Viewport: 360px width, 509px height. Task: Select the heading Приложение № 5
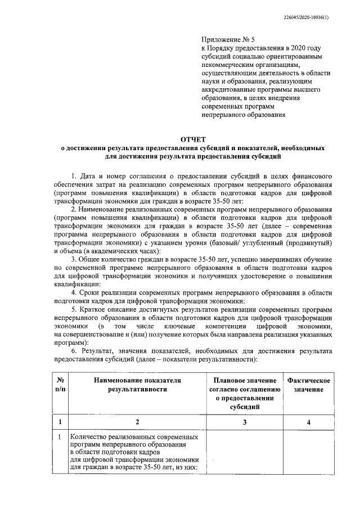pyautogui.click(x=228, y=40)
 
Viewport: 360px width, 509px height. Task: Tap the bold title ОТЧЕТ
pyautogui.click(x=193, y=138)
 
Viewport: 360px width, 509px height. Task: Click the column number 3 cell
pyautogui.click(x=244, y=421)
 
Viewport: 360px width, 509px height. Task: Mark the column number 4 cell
pyautogui.click(x=308, y=421)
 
